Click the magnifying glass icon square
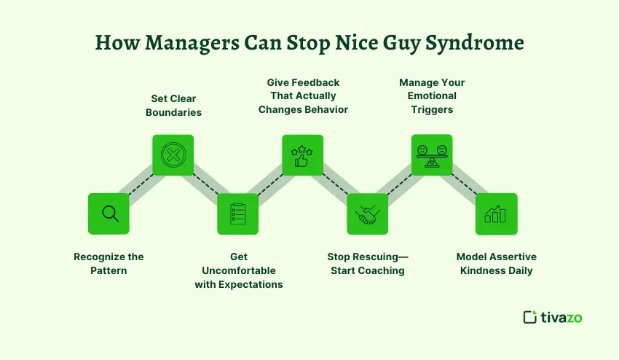click(x=109, y=214)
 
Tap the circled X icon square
click(x=173, y=155)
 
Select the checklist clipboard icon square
click(x=238, y=214)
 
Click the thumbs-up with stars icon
click(x=302, y=155)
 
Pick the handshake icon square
click(x=367, y=214)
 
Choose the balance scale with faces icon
click(x=432, y=155)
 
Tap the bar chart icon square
click(x=496, y=214)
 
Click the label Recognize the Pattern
click(x=109, y=263)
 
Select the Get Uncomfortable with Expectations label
click(x=239, y=270)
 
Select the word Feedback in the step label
click(x=315, y=82)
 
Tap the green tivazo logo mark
click(x=529, y=317)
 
